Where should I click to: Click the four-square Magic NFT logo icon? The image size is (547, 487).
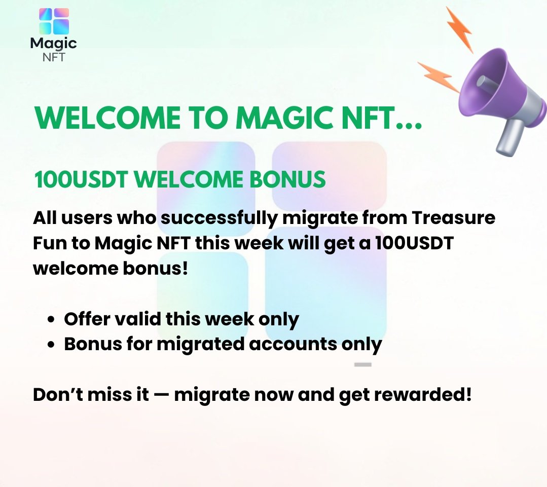(54, 21)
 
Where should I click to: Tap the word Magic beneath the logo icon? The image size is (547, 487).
(53, 44)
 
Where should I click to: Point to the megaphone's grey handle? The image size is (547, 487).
(508, 137)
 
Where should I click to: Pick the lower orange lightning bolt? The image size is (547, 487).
(437, 76)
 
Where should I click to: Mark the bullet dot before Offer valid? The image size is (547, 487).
(51, 320)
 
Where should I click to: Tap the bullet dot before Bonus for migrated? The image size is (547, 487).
(51, 345)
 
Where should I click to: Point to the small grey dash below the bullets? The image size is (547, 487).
(363, 364)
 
